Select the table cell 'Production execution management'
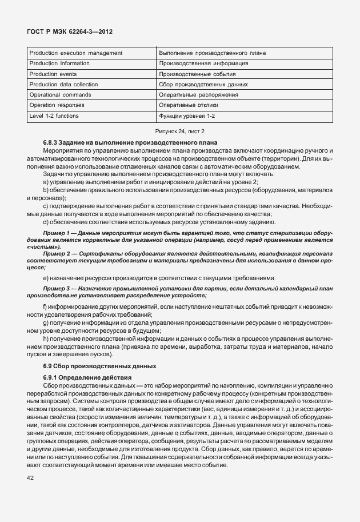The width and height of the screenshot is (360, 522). point(75,53)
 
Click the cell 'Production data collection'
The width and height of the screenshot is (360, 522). point(63,84)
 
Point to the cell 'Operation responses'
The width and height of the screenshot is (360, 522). point(58,105)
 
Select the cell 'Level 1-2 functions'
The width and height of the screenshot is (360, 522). point(54,115)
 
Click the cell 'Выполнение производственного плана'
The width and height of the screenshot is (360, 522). point(213,53)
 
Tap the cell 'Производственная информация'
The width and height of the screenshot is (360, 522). point(203,63)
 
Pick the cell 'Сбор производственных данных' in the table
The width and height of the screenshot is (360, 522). point(203,84)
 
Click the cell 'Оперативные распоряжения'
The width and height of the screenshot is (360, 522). point(199,94)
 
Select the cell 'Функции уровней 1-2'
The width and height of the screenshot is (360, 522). point(187,115)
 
